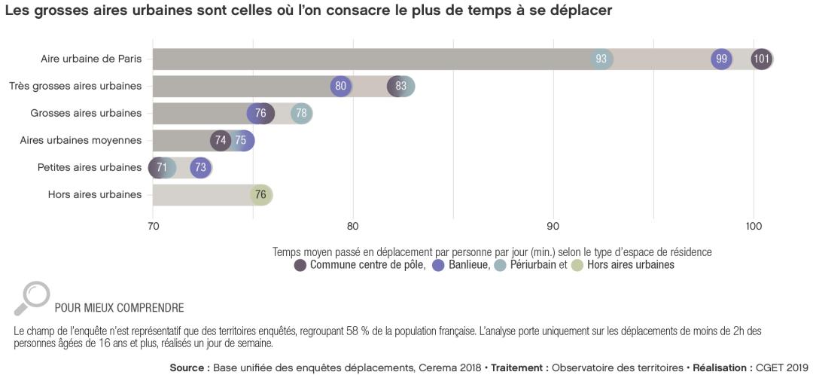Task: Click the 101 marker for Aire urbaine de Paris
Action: coord(762,59)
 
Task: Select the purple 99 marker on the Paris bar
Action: coord(722,59)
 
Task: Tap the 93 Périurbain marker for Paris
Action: coord(601,59)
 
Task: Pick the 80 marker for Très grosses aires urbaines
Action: coord(341,86)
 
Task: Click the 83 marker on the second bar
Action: coord(400,86)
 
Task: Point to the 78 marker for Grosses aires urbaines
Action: coord(301,113)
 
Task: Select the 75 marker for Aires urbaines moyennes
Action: coord(241,140)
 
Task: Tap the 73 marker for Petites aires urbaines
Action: coord(200,167)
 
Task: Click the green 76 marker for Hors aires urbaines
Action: coord(260,194)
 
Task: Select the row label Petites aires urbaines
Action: coord(90,167)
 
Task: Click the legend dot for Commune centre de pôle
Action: coord(300,265)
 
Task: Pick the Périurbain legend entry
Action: coord(529,265)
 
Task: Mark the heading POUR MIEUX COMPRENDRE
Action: coord(119,307)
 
